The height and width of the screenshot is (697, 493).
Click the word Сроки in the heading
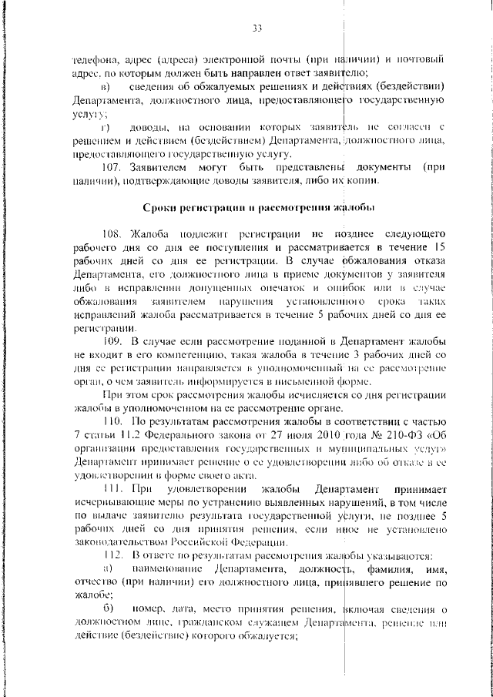pos(161,206)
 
